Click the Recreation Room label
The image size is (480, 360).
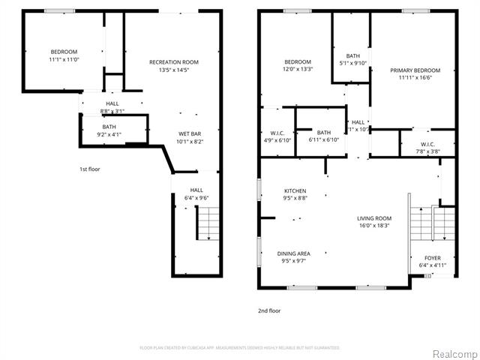(174, 61)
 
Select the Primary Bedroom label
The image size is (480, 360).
(415, 70)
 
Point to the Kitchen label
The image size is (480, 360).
(295, 190)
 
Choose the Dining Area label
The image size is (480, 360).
(295, 253)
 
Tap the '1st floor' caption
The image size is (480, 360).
(90, 169)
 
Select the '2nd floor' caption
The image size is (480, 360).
(270, 310)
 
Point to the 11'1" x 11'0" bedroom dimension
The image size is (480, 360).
(64, 59)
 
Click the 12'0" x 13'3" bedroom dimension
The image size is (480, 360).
(298, 69)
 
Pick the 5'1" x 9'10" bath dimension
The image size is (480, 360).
(352, 63)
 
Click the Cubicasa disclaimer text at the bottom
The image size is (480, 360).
(240, 347)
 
